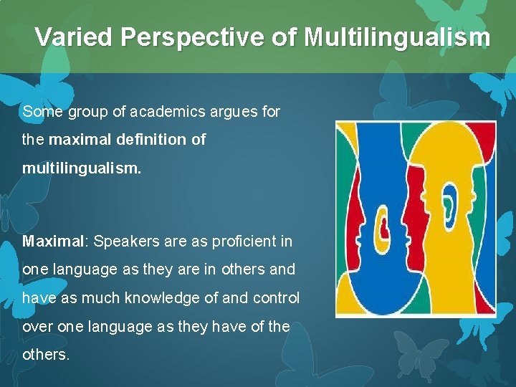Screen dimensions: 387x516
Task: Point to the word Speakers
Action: pyautogui.click(x=123, y=241)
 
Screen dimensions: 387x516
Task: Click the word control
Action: pyautogui.click(x=274, y=297)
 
